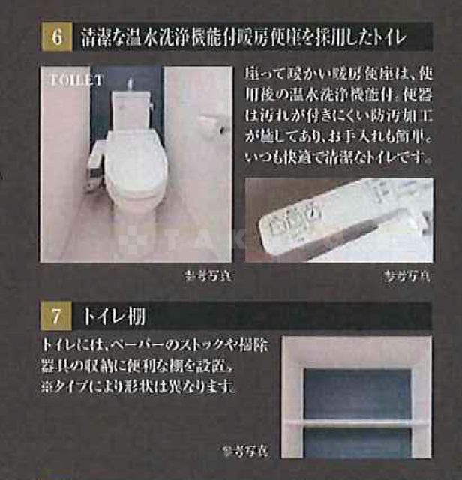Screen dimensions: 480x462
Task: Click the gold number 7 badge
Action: [x=56, y=315]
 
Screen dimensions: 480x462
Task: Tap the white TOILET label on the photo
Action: [x=76, y=78]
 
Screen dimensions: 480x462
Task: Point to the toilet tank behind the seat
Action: [x=132, y=105]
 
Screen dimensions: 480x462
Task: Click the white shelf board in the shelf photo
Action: [x=357, y=423]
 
